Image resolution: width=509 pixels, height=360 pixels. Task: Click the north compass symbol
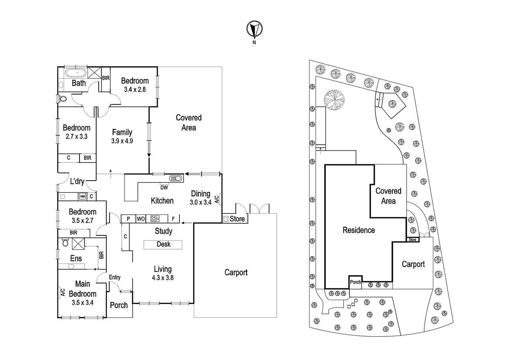pyautogui.click(x=254, y=29)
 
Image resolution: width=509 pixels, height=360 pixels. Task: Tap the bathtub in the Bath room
pyautogui.click(x=76, y=73)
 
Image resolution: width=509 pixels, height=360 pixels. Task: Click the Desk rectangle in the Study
pyautogui.click(x=163, y=245)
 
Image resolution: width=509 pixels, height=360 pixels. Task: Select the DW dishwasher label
pyautogui.click(x=164, y=187)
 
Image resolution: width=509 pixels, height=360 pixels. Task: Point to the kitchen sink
pyautogui.click(x=176, y=178)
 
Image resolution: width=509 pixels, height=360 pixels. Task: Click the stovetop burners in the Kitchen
pyautogui.click(x=155, y=219)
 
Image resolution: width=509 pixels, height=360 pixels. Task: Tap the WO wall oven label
pyautogui.click(x=141, y=219)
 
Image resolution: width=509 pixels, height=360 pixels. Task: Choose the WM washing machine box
pyautogui.click(x=82, y=196)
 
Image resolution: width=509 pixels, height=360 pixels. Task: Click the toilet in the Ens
pyautogui.click(x=65, y=242)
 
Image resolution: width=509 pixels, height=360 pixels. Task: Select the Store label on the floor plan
pyautogui.click(x=237, y=219)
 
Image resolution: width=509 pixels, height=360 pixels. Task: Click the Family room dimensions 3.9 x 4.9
pyautogui.click(x=122, y=141)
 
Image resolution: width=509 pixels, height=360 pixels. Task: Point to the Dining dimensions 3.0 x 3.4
pyautogui.click(x=201, y=202)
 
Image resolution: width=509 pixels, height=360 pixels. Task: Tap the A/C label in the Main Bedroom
pyautogui.click(x=63, y=292)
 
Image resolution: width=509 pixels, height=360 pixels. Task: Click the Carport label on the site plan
pyautogui.click(x=413, y=264)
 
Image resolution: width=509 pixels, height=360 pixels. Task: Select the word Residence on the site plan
pyautogui.click(x=359, y=230)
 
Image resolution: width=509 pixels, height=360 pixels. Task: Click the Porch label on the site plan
pyautogui.click(x=355, y=282)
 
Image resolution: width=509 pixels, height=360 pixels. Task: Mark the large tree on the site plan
pyautogui.click(x=334, y=100)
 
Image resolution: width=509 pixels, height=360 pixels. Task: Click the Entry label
pyautogui.click(x=114, y=277)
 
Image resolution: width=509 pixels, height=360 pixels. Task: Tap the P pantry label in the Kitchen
pyautogui.click(x=128, y=219)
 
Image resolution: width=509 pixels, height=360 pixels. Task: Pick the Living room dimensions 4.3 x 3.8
pyautogui.click(x=163, y=278)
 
